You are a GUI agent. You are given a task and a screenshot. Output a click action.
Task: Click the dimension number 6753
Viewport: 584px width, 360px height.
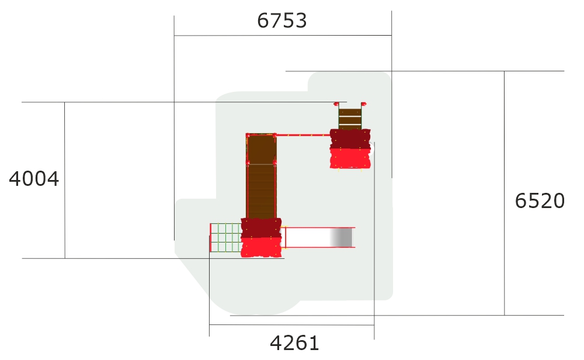[x=282, y=20]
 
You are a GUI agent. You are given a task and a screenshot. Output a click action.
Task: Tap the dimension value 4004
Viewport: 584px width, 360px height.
[x=34, y=179]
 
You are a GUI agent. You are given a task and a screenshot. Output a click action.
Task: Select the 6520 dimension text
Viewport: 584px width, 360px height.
[x=540, y=201]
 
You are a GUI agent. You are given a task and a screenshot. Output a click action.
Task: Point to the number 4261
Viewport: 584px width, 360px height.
[x=294, y=343]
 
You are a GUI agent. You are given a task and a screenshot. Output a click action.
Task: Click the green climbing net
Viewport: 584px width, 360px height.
[x=225, y=238]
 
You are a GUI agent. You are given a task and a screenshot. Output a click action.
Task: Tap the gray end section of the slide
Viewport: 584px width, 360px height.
[x=341, y=237]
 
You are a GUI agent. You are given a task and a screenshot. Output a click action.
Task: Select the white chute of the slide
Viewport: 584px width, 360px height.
[x=308, y=237]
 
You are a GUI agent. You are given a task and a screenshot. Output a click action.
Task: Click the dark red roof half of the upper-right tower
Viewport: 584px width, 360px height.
[x=350, y=139]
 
